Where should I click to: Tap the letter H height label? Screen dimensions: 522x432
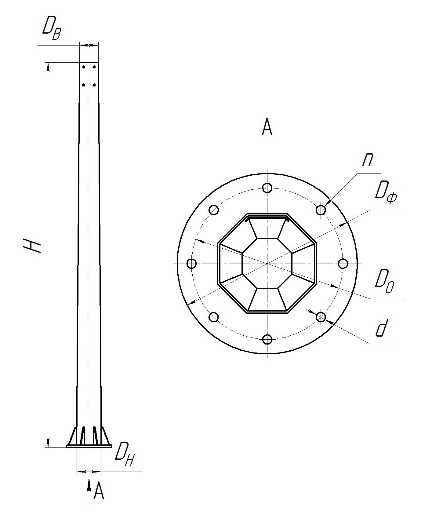tap(32, 245)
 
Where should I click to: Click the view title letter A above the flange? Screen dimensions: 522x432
tap(267, 128)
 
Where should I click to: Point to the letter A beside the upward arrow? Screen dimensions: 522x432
tap(98, 491)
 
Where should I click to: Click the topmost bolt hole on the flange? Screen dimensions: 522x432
tap(267, 188)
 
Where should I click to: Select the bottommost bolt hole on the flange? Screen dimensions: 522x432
tap(267, 339)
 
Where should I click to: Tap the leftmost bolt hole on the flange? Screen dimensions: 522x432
tap(191, 263)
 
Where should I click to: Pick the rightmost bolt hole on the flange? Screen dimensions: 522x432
tap(343, 263)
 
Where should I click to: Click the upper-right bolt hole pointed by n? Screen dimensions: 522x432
tap(320, 210)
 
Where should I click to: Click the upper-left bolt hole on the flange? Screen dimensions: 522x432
tap(214, 210)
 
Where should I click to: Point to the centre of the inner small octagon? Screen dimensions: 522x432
tap(267, 263)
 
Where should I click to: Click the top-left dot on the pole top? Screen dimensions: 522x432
tap(84, 67)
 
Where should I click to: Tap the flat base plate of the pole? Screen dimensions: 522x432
tap(89, 446)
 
